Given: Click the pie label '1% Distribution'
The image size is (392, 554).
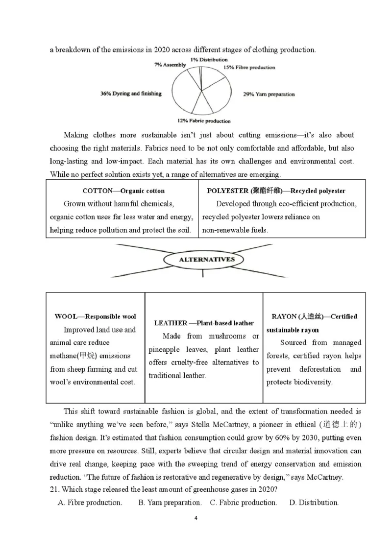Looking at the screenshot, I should [x=209, y=60].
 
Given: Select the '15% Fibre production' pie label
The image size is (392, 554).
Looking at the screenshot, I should [x=249, y=68].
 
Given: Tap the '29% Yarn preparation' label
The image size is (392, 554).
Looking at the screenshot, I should [x=269, y=94].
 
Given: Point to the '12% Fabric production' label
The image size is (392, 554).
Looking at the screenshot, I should [x=204, y=121].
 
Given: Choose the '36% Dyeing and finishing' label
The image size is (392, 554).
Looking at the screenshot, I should [x=131, y=93].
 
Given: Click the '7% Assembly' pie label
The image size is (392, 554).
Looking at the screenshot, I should [x=170, y=65].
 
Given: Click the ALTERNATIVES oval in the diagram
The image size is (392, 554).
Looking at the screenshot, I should [x=207, y=260].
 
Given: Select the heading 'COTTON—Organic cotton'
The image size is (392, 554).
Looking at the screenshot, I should [x=123, y=191].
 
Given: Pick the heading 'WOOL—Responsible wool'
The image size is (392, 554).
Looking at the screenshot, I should [x=95, y=316].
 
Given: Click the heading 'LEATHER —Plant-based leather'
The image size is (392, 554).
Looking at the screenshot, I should [x=204, y=323].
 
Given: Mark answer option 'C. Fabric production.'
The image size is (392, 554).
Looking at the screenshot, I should [x=243, y=503].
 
